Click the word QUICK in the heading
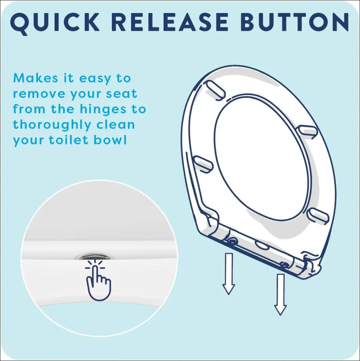point(54,23)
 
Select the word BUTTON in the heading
point(295,22)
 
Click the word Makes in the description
point(36,78)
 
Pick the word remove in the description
point(38,94)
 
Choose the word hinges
point(103,110)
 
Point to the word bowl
point(110,140)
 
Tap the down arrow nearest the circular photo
point(229,274)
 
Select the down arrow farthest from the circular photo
point(280,294)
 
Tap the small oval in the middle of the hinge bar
point(262,245)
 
